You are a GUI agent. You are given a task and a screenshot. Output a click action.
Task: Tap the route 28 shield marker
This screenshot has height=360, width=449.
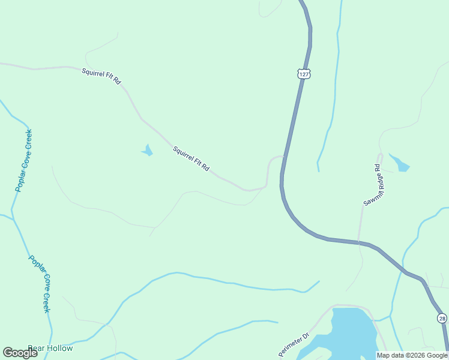(x=442, y=318)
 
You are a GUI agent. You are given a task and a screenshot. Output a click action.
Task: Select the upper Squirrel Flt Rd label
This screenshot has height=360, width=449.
(x=101, y=75)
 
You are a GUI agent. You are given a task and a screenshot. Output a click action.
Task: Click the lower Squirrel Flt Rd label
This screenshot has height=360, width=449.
(x=191, y=159)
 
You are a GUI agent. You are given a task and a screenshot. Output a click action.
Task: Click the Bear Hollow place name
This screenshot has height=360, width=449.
(x=50, y=349)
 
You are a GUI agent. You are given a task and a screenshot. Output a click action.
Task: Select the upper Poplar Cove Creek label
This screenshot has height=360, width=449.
(x=23, y=160)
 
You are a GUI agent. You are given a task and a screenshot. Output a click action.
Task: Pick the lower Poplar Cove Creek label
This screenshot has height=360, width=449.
(x=39, y=284)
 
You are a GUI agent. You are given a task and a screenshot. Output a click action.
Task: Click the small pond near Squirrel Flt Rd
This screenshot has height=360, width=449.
(x=147, y=151)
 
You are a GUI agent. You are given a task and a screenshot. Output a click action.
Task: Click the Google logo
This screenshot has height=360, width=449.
(x=20, y=353)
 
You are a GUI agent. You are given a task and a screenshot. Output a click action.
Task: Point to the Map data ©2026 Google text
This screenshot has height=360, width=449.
(x=412, y=355)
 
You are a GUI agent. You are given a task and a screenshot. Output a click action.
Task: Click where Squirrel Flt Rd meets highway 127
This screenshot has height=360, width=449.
(x=284, y=157)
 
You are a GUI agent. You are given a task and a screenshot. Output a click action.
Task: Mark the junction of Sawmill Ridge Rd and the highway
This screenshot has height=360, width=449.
(x=361, y=243)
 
